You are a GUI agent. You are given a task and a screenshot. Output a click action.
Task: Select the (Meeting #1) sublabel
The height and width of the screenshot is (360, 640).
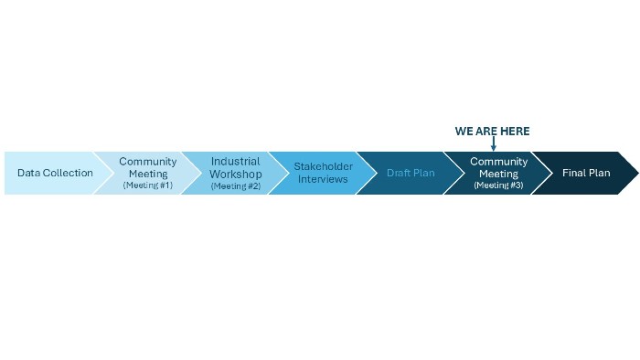pyautogui.click(x=147, y=185)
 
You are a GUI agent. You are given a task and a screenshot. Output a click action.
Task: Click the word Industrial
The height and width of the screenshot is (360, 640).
pyautogui.click(x=235, y=162)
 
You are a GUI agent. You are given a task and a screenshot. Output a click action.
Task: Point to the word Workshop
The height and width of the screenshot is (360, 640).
pyautogui.click(x=235, y=175)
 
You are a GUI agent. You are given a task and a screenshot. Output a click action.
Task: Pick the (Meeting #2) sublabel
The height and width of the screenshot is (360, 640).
pyautogui.click(x=235, y=186)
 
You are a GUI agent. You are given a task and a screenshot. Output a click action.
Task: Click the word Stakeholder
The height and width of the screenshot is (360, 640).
pyautogui.click(x=323, y=167)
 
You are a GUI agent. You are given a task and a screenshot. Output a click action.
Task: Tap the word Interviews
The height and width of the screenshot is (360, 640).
pyautogui.click(x=323, y=179)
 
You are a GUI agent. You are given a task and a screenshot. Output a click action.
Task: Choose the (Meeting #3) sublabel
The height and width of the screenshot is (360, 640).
pyautogui.click(x=498, y=185)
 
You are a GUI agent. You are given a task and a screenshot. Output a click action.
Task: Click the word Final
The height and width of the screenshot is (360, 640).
pyautogui.click(x=574, y=173)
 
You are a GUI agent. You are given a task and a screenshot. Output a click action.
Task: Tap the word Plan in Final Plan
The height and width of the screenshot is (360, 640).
pyautogui.click(x=599, y=173)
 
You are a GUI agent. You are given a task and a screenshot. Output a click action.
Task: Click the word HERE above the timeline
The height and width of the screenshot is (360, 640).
pyautogui.click(x=515, y=132)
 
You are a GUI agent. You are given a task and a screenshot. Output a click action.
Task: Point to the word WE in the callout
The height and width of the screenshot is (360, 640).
pyautogui.click(x=464, y=132)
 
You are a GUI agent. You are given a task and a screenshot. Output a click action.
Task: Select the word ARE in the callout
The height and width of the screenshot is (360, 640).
pyautogui.click(x=487, y=132)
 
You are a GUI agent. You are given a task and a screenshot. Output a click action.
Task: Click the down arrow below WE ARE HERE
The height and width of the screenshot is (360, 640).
pyautogui.click(x=493, y=144)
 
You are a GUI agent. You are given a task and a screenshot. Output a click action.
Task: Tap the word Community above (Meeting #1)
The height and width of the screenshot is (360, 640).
pyautogui.click(x=147, y=162)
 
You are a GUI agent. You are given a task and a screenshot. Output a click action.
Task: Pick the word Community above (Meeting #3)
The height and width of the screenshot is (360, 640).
pyautogui.click(x=498, y=162)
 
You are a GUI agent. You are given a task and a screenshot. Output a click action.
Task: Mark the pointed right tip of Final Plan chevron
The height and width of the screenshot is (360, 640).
pyautogui.click(x=636, y=173)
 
